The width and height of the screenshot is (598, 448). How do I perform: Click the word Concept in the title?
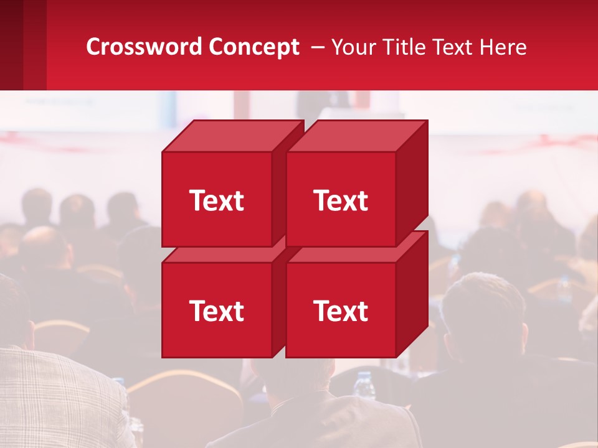[254, 47]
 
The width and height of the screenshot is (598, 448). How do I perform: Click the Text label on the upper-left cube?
[217, 200]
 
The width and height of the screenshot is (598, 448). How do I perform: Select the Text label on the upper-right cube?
[341, 200]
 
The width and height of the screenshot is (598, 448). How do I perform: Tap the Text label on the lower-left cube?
[217, 310]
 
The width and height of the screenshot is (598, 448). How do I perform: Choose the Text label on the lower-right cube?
[341, 310]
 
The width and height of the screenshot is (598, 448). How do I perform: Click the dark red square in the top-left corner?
[23, 45]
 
